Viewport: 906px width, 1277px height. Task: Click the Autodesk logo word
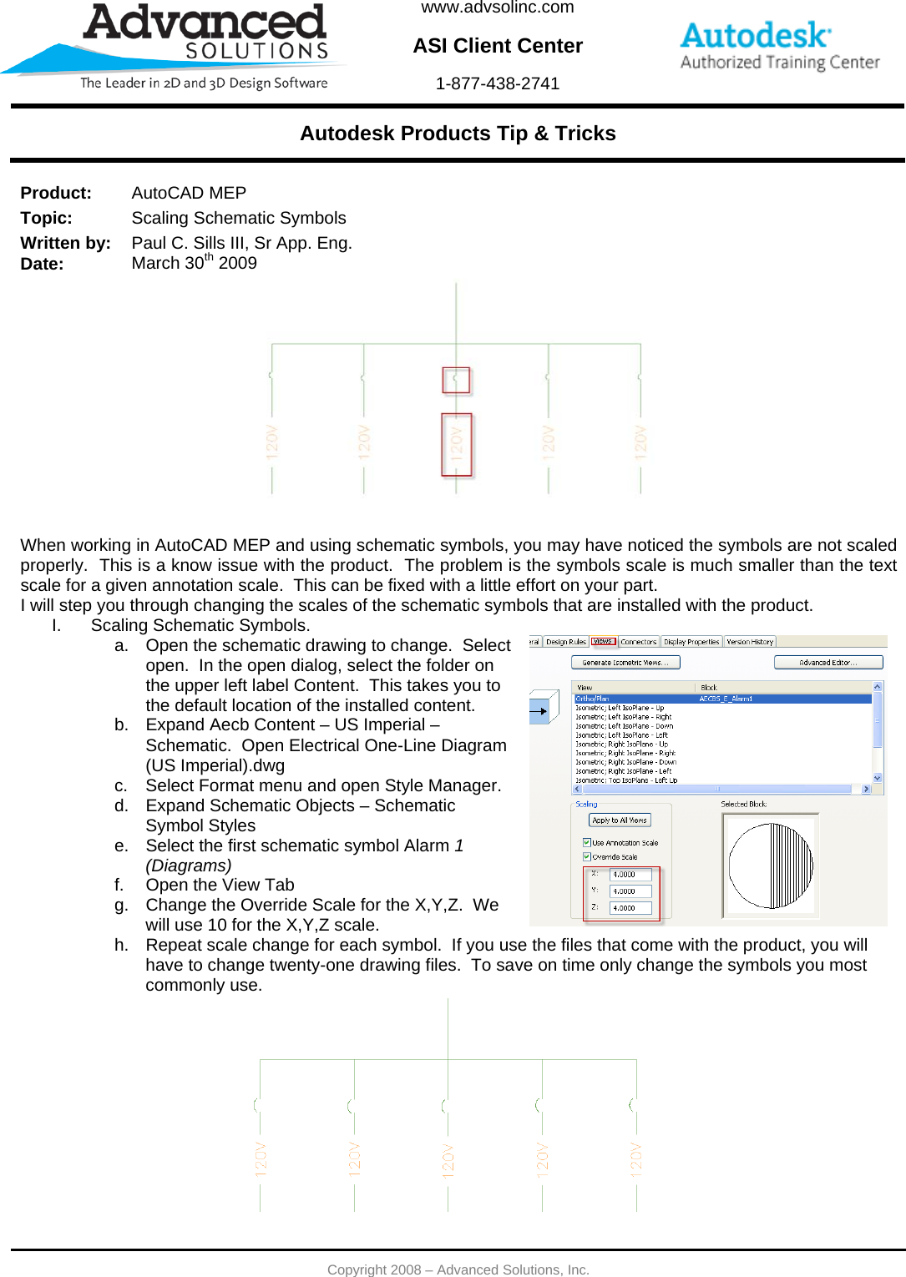(x=755, y=35)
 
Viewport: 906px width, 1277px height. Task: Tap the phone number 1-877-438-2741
(x=497, y=83)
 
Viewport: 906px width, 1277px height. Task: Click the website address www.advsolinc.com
(x=497, y=8)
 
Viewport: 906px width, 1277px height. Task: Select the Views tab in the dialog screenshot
(x=603, y=642)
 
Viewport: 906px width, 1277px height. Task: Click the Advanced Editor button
(x=828, y=662)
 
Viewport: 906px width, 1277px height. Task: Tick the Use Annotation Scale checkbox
(x=587, y=842)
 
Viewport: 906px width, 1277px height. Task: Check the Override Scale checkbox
(x=587, y=856)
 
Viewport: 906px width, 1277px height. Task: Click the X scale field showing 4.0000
(x=630, y=875)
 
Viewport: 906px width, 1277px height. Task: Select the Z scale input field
(x=630, y=907)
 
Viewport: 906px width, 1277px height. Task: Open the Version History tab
(x=750, y=642)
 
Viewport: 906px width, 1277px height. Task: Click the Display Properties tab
(x=691, y=642)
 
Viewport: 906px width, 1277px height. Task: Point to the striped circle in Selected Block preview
(x=770, y=866)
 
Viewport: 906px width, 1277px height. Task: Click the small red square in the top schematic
(x=456, y=380)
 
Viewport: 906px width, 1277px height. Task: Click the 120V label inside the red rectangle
(x=457, y=444)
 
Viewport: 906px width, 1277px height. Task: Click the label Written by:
(x=65, y=243)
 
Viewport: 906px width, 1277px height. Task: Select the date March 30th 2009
(x=194, y=263)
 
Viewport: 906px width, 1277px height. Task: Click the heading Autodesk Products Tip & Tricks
(x=458, y=134)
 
